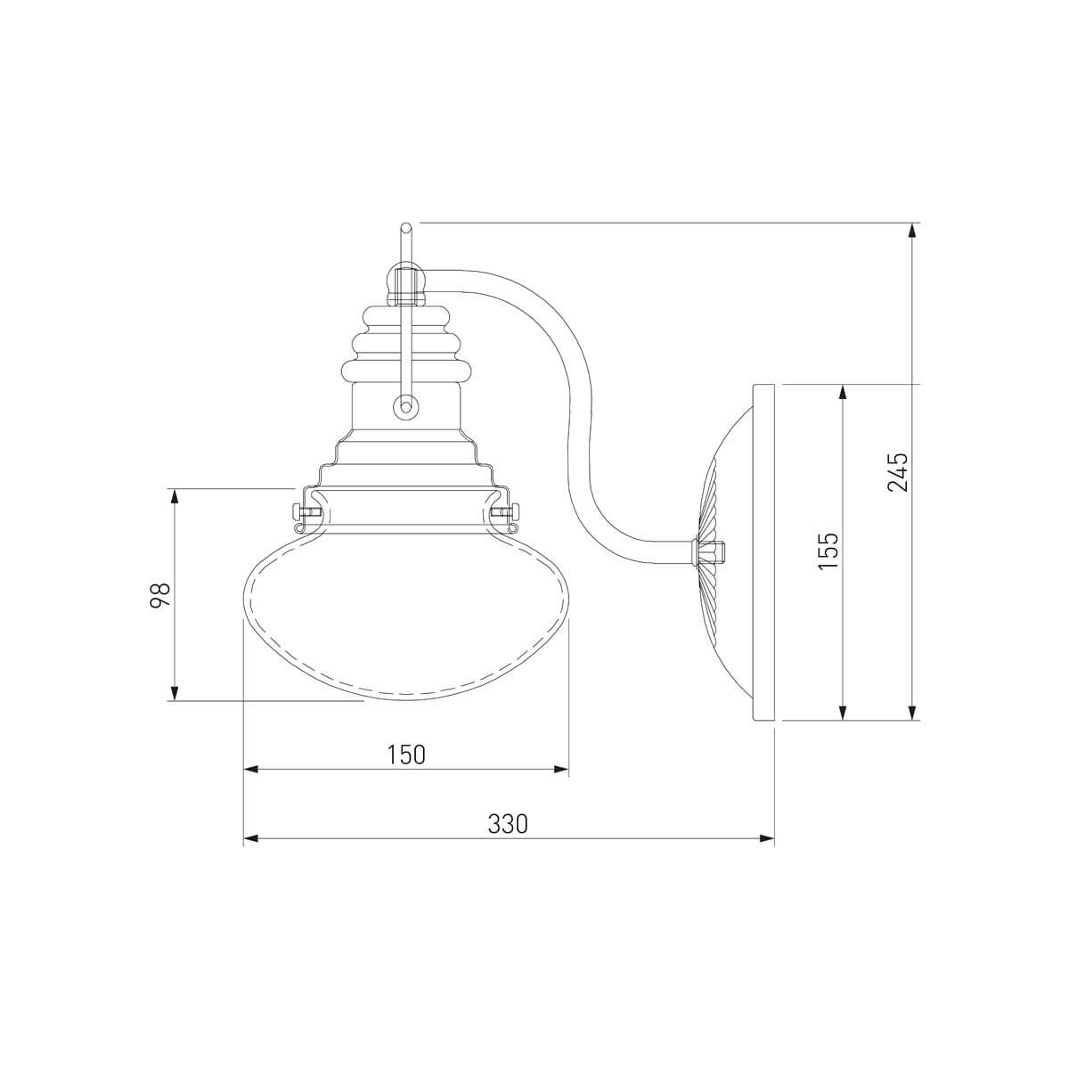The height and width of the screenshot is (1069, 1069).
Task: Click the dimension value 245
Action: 897,473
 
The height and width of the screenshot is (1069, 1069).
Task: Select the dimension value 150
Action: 406,755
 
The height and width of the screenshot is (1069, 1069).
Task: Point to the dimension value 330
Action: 508,840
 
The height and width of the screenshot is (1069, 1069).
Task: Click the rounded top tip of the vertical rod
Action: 406,227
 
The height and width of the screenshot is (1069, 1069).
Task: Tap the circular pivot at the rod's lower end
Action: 406,405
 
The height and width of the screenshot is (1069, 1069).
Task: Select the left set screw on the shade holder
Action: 305,510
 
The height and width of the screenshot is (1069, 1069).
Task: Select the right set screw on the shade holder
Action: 507,510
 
